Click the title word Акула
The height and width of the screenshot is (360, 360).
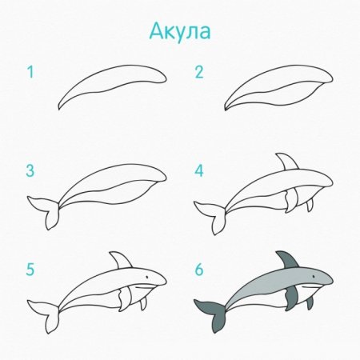tap(180, 31)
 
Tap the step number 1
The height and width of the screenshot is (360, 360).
tap(30, 73)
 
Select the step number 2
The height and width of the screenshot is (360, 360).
tap(199, 73)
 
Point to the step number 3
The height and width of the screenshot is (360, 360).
tap(30, 170)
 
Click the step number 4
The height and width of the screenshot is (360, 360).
tap(199, 170)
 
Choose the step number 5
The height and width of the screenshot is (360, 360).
tap(30, 270)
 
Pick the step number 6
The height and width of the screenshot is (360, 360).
tap(199, 270)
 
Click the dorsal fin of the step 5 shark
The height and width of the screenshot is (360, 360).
tap(121, 261)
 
